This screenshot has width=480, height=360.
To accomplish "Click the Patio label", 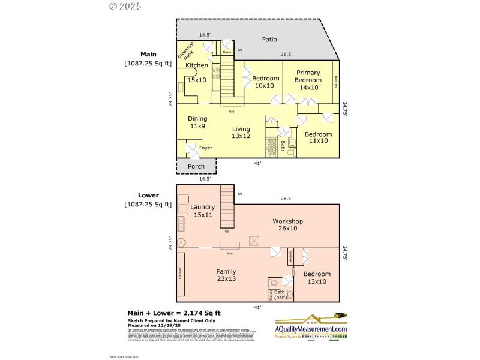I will [269, 40].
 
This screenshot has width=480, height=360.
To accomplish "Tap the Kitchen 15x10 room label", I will [197, 72].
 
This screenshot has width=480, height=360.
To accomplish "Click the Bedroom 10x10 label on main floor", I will [265, 82].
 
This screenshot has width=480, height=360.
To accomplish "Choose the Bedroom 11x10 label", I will [317, 137].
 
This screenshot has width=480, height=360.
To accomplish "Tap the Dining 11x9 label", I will [197, 122].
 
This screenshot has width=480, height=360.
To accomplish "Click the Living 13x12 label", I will [241, 133].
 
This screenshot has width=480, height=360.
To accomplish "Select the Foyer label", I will [205, 148].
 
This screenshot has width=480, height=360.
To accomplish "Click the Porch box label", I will [196, 166].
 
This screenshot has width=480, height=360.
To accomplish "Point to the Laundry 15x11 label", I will [202, 211].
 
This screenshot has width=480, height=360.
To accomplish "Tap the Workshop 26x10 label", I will [287, 224].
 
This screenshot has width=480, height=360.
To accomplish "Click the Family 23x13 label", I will [226, 275].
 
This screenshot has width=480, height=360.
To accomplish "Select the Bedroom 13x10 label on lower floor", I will [317, 278].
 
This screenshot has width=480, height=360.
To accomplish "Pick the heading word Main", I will [148, 54].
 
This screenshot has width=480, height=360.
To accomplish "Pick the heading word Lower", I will [148, 196].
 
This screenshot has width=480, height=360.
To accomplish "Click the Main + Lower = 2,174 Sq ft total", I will [174, 313].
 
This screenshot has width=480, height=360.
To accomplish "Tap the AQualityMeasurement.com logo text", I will [311, 329].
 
